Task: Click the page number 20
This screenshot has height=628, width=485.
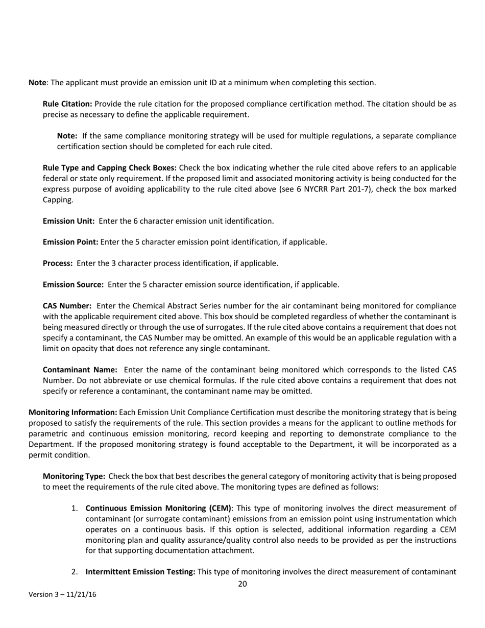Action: pos(243,584)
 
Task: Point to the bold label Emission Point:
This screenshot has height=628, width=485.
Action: pos(70,242)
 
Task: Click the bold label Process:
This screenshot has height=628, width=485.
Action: pos(58,263)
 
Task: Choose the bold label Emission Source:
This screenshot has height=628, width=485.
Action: pos(73,284)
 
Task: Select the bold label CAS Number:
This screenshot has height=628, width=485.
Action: pos(67,306)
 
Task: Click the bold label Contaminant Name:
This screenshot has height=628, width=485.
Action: pos(80,370)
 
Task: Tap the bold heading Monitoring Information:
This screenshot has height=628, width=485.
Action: pos(73,412)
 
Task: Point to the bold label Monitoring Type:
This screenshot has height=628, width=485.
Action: pos(74,476)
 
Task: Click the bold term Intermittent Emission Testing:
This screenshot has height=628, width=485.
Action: pos(140,572)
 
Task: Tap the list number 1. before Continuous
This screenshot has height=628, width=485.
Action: pos(75,508)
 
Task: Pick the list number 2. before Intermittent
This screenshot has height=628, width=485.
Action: pos(75,572)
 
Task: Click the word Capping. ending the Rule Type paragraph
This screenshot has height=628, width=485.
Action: pos(58,200)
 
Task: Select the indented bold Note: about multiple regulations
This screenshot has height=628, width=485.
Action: pos(67,136)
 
